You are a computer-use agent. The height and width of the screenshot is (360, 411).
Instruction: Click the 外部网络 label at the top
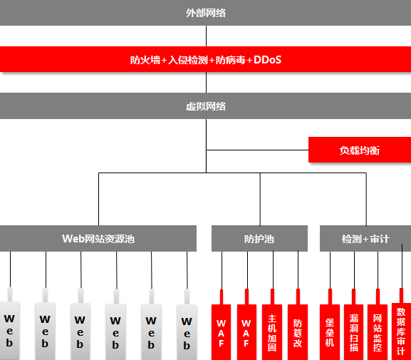(x=206, y=13)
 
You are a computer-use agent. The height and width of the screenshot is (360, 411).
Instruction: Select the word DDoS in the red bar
(x=267, y=60)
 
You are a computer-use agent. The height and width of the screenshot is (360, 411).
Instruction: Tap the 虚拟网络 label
(x=206, y=106)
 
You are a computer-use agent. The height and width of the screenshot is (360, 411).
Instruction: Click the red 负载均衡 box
(x=360, y=150)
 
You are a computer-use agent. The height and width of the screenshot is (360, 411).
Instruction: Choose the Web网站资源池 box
(x=98, y=238)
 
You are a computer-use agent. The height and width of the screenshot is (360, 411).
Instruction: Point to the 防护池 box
(x=259, y=238)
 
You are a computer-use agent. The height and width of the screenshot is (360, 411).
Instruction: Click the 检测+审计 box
(x=365, y=238)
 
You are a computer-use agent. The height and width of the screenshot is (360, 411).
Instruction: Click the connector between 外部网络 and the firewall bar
(x=206, y=36)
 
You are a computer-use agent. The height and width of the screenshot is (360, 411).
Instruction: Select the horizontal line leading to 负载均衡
(x=257, y=150)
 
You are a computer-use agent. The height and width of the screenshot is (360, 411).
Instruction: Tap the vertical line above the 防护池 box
(x=260, y=199)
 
